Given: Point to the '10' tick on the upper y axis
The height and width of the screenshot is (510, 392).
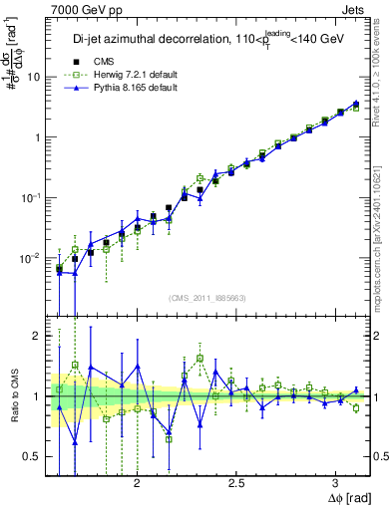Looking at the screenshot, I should [34, 77].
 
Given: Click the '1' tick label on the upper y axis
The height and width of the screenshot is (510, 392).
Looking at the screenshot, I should [37, 137].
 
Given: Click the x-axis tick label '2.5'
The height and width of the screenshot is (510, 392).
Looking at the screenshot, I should [237, 482].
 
